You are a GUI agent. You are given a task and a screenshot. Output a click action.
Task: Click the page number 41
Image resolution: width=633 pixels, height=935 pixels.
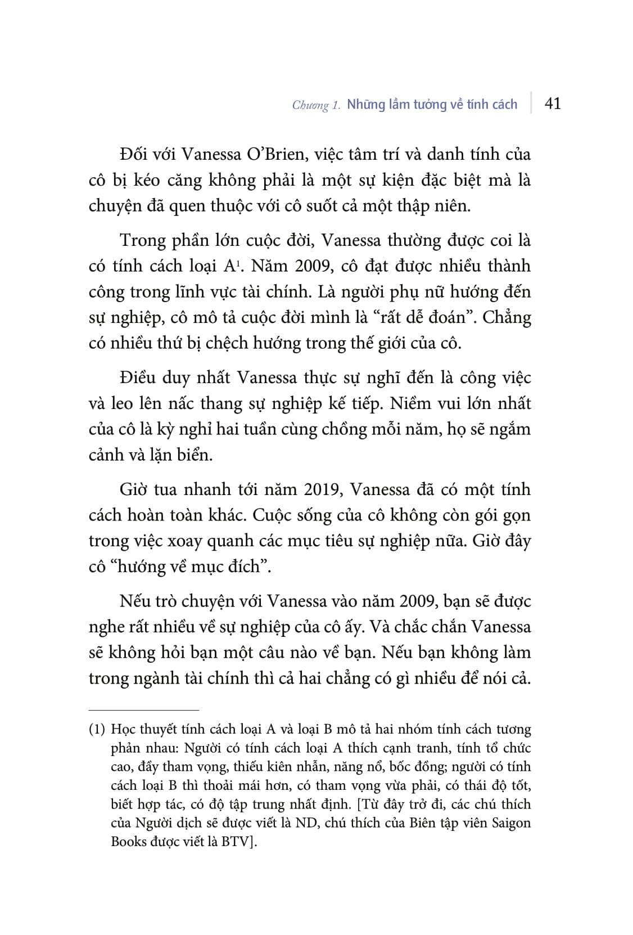coord(553,104)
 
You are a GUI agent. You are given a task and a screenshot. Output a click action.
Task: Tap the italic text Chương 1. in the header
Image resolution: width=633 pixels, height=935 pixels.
coord(316,105)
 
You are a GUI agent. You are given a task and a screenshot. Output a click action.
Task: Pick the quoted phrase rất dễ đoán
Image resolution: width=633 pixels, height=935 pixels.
coord(431,317)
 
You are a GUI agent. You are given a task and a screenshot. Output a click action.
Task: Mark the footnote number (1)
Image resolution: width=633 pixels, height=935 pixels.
coord(97,729)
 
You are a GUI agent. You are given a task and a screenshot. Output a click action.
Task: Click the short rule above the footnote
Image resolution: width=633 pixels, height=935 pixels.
coord(144,710)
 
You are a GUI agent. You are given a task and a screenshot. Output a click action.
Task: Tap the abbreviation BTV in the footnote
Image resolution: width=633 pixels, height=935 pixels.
coord(238,842)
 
